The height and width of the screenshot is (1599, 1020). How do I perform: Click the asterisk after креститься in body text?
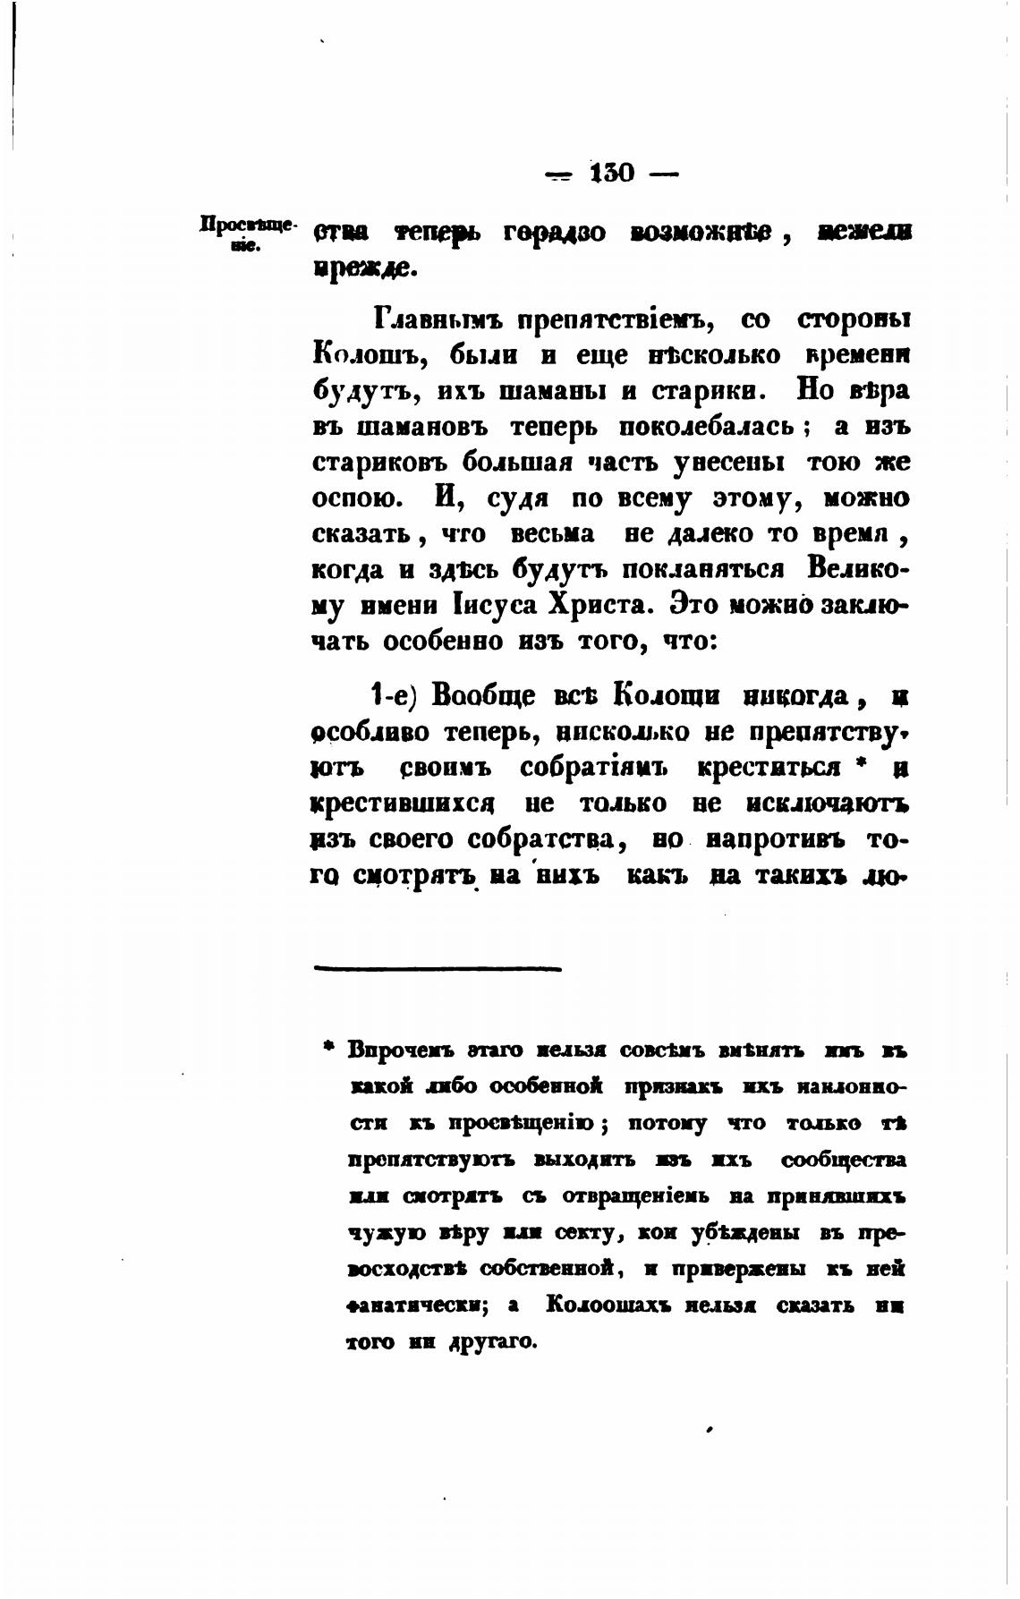click(x=862, y=764)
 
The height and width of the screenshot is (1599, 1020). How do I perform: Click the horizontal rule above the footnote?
click(x=437, y=967)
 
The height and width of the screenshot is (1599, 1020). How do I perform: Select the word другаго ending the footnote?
click(x=491, y=1342)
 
